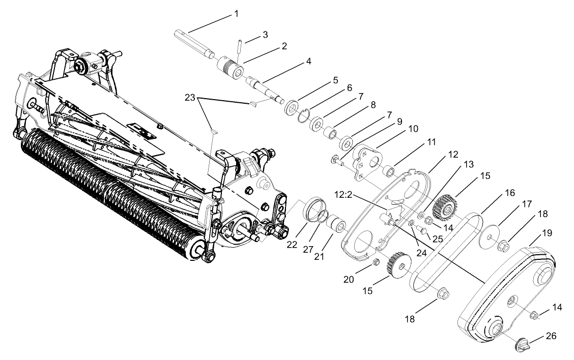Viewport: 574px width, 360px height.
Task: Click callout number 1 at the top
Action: click(236, 14)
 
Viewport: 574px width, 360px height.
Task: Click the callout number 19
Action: click(547, 233)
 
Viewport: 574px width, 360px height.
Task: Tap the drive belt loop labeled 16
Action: click(445, 252)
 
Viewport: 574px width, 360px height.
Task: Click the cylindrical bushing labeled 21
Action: click(336, 224)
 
